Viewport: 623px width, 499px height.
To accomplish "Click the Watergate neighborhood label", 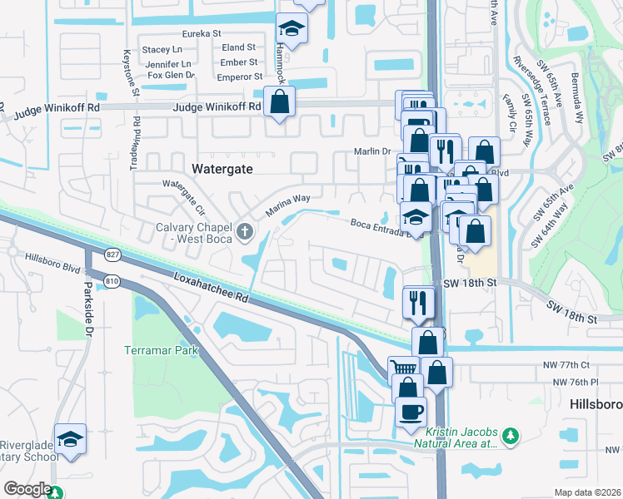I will coord(222,168).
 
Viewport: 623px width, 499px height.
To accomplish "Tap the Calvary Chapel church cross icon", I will coord(245,230).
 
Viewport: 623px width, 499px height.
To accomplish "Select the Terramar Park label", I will coord(162,350).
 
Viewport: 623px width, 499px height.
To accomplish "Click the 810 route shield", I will coord(112,282).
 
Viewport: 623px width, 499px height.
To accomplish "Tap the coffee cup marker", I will coord(410,412).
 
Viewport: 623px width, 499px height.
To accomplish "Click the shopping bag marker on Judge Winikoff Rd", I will coord(280,103).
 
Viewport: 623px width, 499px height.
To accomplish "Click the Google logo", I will coord(27,489).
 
